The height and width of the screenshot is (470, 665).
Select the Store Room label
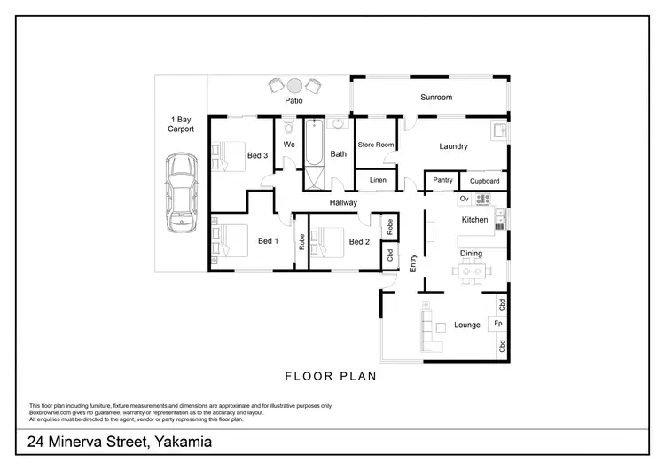tap(375, 145)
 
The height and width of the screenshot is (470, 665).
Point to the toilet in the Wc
tap(289, 128)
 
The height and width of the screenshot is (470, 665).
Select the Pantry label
tap(442, 181)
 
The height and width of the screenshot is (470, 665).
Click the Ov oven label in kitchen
tap(464, 199)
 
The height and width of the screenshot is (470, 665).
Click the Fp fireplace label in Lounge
tap(499, 325)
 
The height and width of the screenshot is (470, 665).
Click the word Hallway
tap(343, 202)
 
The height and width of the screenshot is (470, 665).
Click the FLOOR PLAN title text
tap(331, 376)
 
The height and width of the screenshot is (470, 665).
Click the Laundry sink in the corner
tap(500, 131)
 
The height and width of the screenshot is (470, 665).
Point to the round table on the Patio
tap(293, 85)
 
